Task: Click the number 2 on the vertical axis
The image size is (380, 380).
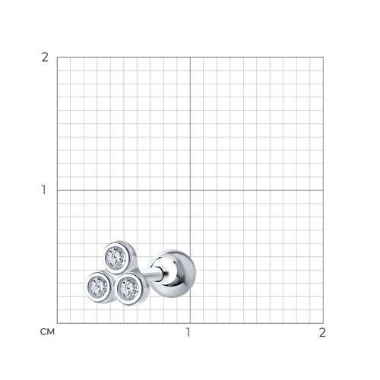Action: (45, 58)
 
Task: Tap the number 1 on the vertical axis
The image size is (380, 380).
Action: (44, 190)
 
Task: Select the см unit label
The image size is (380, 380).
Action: (47, 332)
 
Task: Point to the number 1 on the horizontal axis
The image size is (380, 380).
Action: (188, 332)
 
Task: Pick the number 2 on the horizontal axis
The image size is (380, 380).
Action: (322, 332)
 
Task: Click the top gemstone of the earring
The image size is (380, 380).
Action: (116, 258)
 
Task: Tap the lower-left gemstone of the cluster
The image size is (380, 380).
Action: (98, 287)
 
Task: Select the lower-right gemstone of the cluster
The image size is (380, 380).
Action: (129, 288)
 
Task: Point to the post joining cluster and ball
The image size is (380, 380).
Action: (154, 274)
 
